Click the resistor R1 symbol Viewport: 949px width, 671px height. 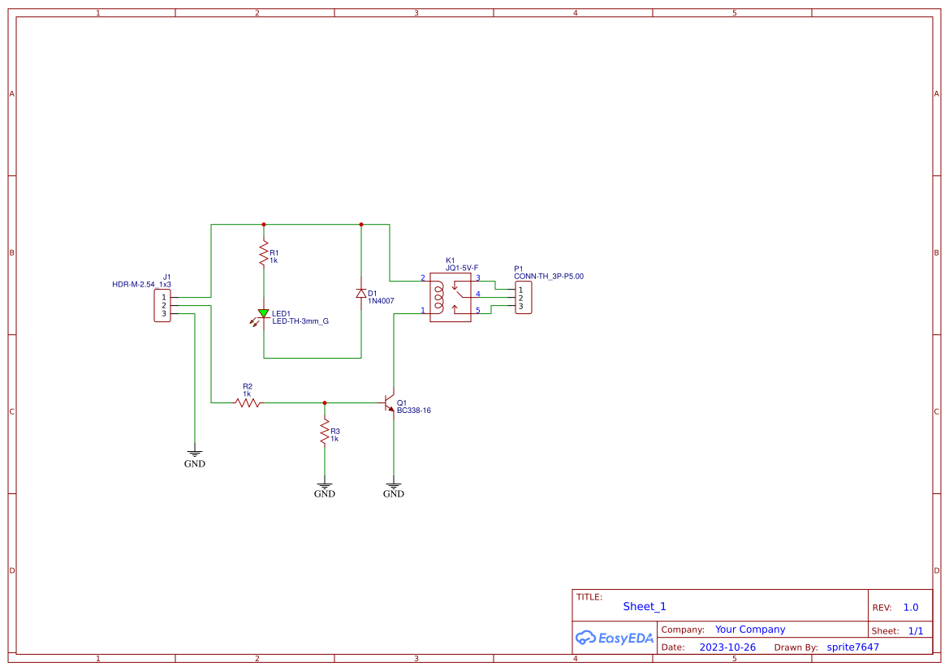point(263,254)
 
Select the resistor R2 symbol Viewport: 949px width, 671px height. point(248,402)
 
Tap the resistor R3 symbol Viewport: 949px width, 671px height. point(324,432)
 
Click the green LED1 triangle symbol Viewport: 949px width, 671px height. point(263,313)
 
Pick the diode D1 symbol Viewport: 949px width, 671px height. point(360,294)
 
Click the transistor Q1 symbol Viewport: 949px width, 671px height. point(390,403)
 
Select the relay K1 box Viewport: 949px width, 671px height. point(450,297)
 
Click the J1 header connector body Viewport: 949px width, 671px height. point(162,306)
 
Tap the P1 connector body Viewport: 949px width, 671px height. point(523,298)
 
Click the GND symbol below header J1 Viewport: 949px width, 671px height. point(194,456)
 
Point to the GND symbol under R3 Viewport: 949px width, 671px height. point(324,485)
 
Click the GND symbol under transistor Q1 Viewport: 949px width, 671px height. point(393,485)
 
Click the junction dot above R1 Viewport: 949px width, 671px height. point(263,224)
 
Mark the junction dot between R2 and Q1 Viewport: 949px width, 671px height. point(324,402)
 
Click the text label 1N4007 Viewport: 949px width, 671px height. point(381,301)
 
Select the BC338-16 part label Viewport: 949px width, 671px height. point(413,411)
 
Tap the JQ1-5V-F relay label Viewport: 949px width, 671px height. point(461,268)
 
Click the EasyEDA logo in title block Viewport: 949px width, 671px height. point(614,638)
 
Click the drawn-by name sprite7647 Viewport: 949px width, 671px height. point(852,647)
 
